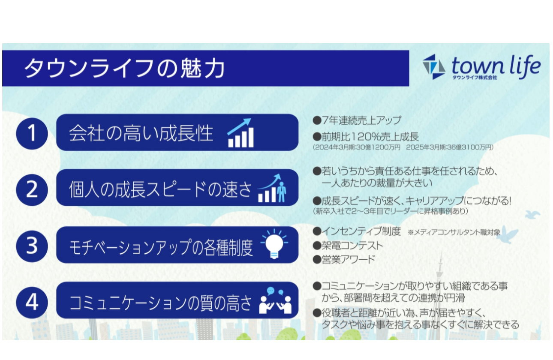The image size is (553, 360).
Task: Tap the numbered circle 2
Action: [x=32, y=189]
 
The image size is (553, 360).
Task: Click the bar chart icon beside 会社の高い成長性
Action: [x=241, y=133]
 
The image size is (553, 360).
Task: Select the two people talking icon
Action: [x=275, y=300]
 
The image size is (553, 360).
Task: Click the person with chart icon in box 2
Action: [x=272, y=189]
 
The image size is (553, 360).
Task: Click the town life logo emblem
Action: [x=433, y=66]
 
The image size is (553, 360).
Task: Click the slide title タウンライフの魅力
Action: [x=124, y=69]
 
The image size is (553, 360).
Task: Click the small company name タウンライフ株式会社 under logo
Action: [x=475, y=78]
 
